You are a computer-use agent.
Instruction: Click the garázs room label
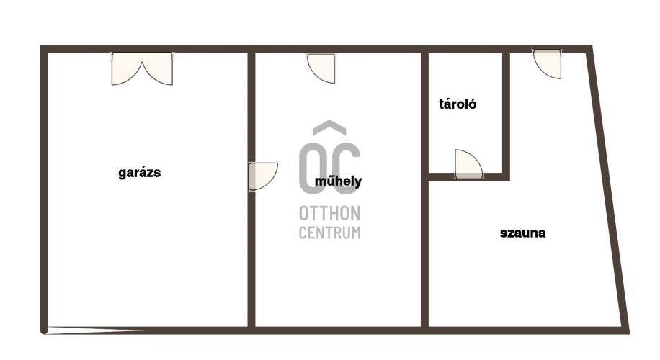coord(139,172)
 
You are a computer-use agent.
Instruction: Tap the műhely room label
coord(338,181)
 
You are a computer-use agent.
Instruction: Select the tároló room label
coord(458,104)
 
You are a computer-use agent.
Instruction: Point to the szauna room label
coord(522,233)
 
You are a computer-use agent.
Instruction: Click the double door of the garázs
coord(142,69)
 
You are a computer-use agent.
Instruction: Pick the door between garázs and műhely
coord(263,176)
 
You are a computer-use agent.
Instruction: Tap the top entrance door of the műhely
coord(321,68)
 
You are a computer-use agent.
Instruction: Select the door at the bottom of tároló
coord(468,164)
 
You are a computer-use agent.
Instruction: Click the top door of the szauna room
coord(548,64)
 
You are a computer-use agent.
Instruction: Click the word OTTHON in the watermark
coord(329,214)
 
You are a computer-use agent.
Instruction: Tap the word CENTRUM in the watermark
coord(329,233)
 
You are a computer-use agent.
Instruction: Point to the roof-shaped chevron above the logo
coord(329,127)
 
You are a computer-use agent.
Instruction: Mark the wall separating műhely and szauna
coord(424,189)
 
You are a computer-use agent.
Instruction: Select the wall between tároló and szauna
coord(506,114)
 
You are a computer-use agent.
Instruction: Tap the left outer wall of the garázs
coord(44,189)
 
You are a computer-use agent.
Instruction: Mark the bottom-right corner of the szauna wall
coord(628,333)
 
